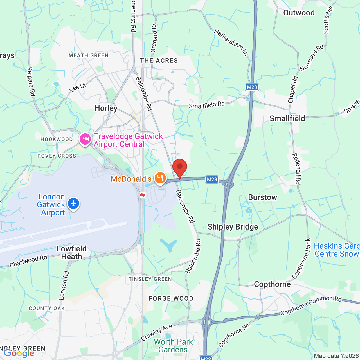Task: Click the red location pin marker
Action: [x=180, y=167]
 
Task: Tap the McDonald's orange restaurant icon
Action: [x=160, y=178]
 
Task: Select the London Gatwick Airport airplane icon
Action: [x=73, y=204]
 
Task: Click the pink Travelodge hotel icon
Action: [x=85, y=139]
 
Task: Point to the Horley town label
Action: [x=106, y=108]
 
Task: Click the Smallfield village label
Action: [x=287, y=118]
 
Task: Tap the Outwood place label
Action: [x=299, y=13]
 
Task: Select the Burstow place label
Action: [x=262, y=197]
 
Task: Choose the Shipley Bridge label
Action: [x=233, y=227]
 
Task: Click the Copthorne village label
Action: [x=272, y=284]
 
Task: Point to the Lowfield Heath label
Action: [x=71, y=253]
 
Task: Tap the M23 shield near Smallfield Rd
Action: [x=252, y=87]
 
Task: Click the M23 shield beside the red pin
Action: [x=212, y=179]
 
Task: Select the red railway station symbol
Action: [x=143, y=195]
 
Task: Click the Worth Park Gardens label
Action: [x=173, y=346]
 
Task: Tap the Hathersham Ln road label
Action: [x=231, y=42]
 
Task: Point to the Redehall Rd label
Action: [x=296, y=169]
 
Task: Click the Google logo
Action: [x=19, y=353]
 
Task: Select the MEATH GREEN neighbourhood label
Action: [x=89, y=56]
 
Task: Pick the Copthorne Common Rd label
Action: [x=311, y=305]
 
